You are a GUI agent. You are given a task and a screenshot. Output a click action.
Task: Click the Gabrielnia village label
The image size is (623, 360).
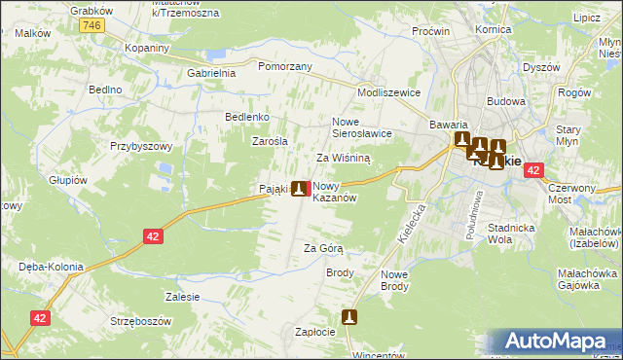[x=211, y=73]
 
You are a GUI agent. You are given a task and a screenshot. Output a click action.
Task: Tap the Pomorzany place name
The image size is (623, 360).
[x=284, y=66]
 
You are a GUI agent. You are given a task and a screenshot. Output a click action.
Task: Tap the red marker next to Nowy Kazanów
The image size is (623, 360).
[x=310, y=189]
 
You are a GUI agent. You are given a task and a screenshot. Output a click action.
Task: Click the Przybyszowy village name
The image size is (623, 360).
[x=141, y=146]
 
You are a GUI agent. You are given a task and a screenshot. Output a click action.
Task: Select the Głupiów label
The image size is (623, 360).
[x=69, y=180]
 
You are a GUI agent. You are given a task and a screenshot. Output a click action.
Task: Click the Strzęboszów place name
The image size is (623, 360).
[x=141, y=321]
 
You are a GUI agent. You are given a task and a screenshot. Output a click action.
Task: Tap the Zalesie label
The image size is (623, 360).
[x=183, y=297]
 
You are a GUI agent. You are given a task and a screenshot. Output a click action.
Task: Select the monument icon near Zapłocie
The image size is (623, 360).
[x=349, y=316]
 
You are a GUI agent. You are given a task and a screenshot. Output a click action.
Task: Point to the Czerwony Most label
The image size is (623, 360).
[x=571, y=192]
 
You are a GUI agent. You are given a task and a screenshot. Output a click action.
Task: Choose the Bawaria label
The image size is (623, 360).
[x=450, y=126]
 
